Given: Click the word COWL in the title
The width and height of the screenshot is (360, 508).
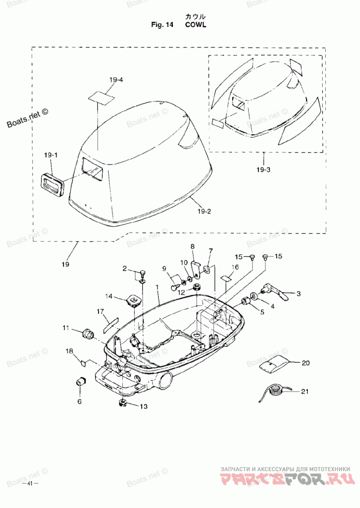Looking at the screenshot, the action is point(196,25).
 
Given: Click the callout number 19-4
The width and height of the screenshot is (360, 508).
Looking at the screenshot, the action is point(116,80).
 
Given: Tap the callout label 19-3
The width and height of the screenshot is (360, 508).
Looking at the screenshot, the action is point(264,169).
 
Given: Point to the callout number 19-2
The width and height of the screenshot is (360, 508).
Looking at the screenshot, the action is point(204,211).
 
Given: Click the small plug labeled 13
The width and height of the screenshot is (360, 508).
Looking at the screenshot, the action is point(122,403).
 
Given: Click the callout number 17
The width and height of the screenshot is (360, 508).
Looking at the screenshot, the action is point(100,312).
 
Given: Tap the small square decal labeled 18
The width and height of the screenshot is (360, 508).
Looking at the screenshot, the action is point(83,362).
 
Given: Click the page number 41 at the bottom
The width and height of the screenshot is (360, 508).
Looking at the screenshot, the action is point(30,483).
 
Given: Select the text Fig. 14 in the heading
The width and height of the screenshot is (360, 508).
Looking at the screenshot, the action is point(162,25).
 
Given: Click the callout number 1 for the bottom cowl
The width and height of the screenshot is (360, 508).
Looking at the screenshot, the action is point(157,287).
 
